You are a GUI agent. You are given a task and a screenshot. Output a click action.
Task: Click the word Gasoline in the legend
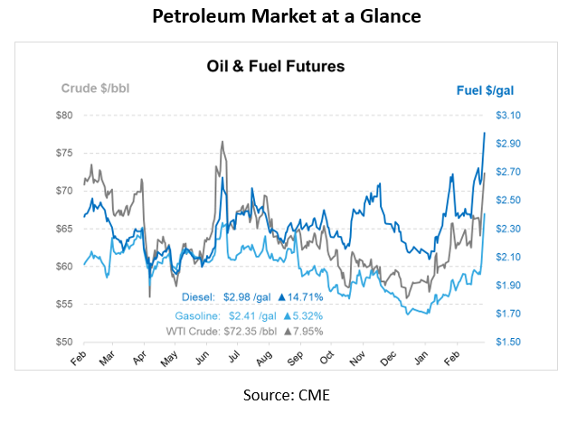(194, 315)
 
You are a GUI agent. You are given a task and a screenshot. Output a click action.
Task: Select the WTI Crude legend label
(189, 331)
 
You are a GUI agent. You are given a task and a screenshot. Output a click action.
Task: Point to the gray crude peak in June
(222, 142)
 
